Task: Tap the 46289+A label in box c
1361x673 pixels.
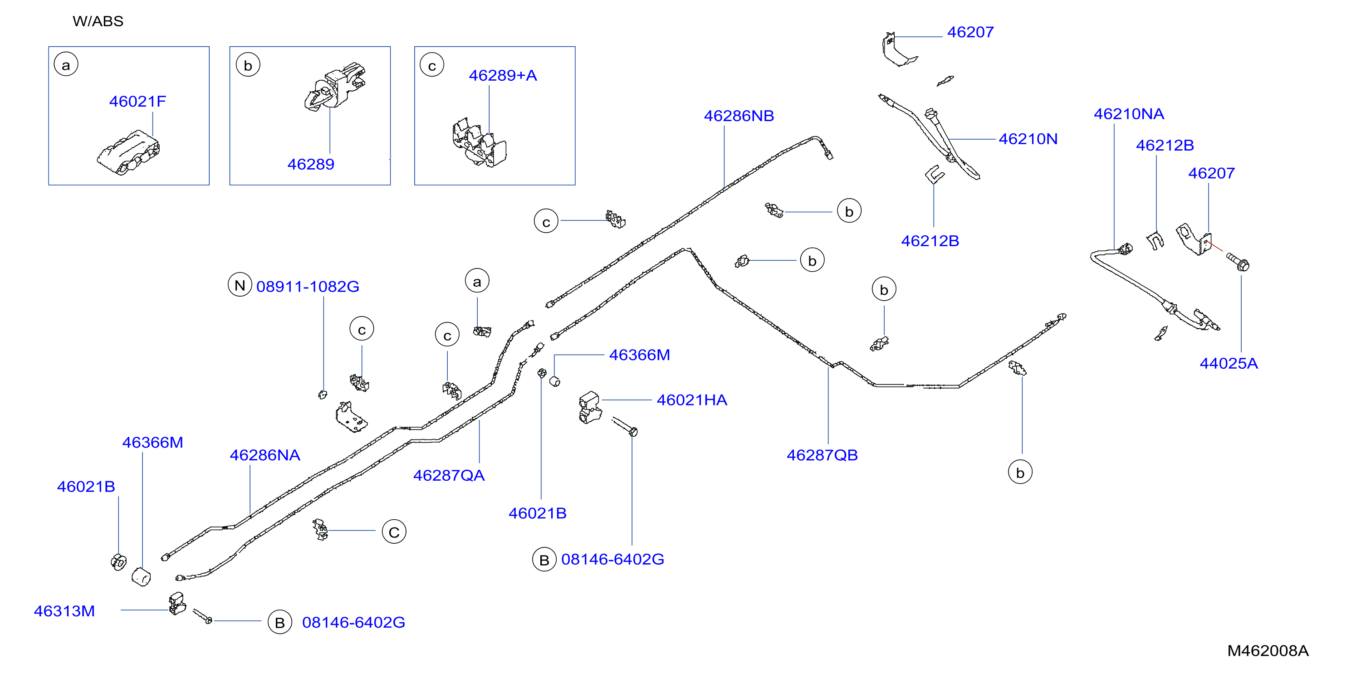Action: pyautogui.click(x=503, y=76)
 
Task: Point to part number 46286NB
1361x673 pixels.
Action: pyautogui.click(x=739, y=116)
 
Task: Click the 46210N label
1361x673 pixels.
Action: pyautogui.click(x=1028, y=139)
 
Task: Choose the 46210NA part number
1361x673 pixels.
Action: pyautogui.click(x=1129, y=113)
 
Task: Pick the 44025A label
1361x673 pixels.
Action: pyautogui.click(x=1229, y=363)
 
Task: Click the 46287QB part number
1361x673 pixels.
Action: pyautogui.click(x=822, y=455)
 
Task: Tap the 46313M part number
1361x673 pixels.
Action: pyautogui.click(x=64, y=611)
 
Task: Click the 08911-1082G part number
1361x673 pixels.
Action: pyautogui.click(x=308, y=286)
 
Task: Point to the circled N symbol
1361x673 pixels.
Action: pyautogui.click(x=240, y=285)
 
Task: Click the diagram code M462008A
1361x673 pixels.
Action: pyautogui.click(x=1268, y=651)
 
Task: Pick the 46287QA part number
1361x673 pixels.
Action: pyautogui.click(x=449, y=475)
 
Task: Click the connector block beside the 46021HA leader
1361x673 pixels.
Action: pyautogui.click(x=590, y=407)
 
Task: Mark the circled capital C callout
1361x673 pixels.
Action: pyautogui.click(x=394, y=532)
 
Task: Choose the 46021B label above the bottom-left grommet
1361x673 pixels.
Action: pyautogui.click(x=86, y=487)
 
